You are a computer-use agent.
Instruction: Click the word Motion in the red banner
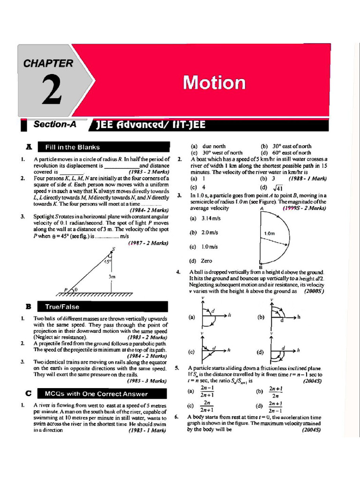point(214,82)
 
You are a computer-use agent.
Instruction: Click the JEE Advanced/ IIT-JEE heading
point(150,125)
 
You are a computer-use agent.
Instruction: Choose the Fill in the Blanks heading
point(73,147)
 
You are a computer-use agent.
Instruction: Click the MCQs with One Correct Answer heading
point(96,394)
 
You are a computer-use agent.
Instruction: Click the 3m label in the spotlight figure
point(112,277)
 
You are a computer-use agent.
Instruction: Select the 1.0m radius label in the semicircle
point(269,233)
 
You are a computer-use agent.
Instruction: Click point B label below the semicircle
point(261,267)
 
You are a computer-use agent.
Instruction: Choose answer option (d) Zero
point(201,261)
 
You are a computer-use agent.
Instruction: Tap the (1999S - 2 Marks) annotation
point(304,208)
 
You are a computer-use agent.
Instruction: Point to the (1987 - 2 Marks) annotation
point(148,243)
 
